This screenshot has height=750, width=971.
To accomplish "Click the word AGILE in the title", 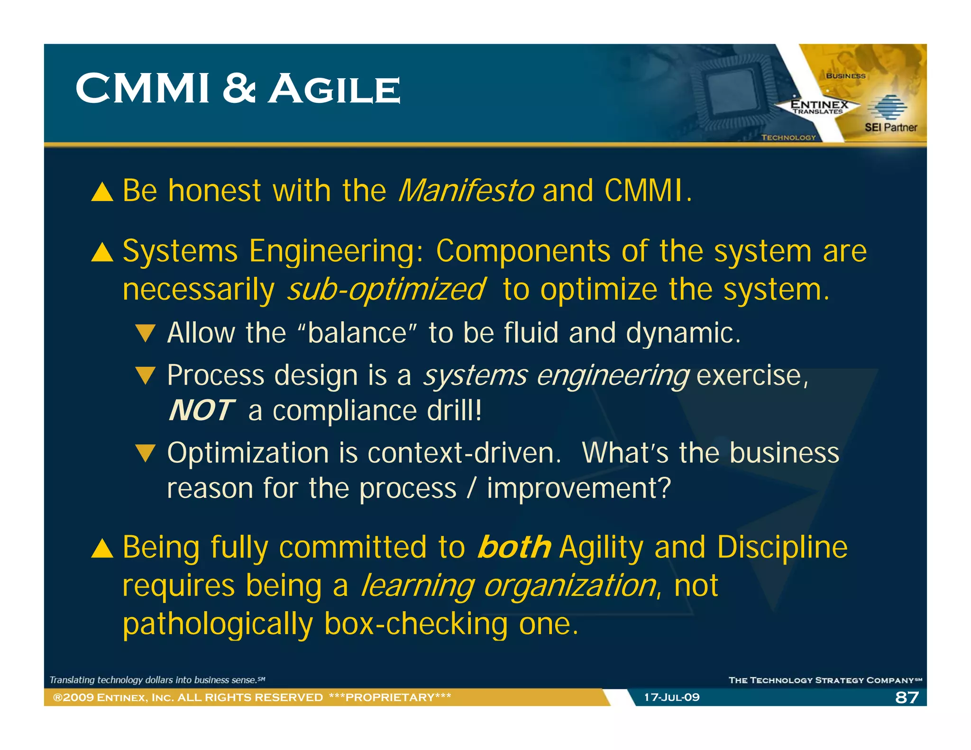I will tap(335, 89).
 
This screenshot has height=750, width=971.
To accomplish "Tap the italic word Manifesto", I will tap(467, 191).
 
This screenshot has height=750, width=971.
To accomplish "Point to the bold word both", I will tap(514, 547).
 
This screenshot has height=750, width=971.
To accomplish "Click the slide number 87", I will tap(907, 697).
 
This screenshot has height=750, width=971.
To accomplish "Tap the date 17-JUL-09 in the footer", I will tap(671, 697).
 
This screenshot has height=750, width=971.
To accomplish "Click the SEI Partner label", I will tap(890, 127).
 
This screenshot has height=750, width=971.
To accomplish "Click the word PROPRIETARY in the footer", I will tap(390, 697).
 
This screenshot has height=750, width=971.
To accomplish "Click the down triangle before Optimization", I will tap(145, 453).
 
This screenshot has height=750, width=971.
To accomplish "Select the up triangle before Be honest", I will tap(102, 192).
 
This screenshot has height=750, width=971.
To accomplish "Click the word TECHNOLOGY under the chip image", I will tap(788, 137).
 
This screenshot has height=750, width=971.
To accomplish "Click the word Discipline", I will tap(782, 547).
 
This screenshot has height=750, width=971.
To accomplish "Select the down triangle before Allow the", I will tap(145, 333).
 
